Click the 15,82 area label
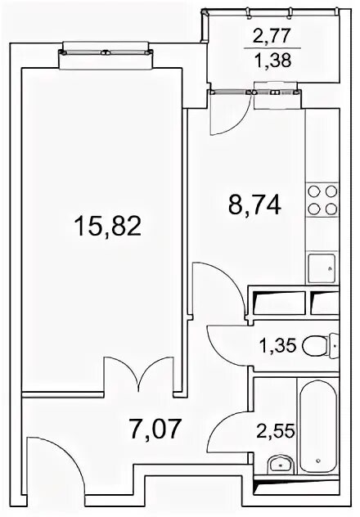[x=108, y=226]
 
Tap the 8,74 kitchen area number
[x=254, y=205]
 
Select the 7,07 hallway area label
[x=156, y=429]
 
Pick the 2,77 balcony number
[x=272, y=36]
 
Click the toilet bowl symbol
[x=320, y=345]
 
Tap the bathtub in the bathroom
[x=318, y=426]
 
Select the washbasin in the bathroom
[x=281, y=465]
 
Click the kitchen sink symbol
[x=322, y=268]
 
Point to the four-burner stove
[x=322, y=200]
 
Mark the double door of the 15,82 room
[x=138, y=375]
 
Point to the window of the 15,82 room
[x=106, y=52]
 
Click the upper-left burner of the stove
[x=313, y=191]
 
